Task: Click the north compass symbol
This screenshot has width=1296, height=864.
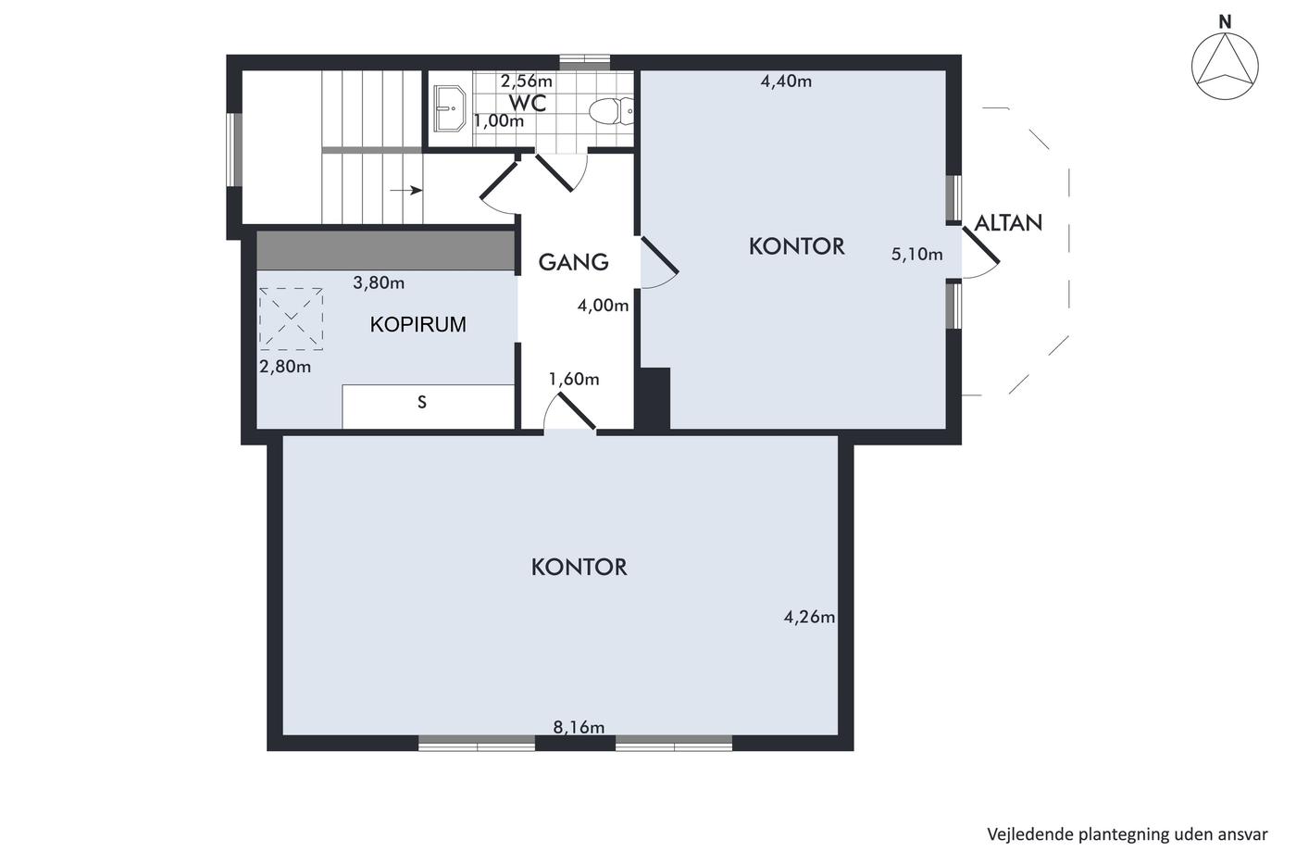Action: (x=1224, y=66)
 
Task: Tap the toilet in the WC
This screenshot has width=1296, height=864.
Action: (x=611, y=110)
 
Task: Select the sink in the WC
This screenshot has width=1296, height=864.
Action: (x=450, y=108)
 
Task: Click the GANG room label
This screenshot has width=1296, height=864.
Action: (x=573, y=262)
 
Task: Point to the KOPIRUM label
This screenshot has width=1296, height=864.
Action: (x=417, y=325)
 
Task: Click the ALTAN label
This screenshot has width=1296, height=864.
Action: (x=1008, y=223)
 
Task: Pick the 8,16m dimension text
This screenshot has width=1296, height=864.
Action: (x=579, y=727)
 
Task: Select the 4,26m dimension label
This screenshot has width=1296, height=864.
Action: (x=809, y=617)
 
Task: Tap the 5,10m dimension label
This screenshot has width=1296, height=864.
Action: (x=916, y=254)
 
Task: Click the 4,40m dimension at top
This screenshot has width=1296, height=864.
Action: (x=786, y=81)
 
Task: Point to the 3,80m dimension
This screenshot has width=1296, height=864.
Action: (x=379, y=282)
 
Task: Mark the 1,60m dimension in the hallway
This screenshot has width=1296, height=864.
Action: (x=573, y=379)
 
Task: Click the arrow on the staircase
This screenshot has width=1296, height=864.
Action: (x=405, y=190)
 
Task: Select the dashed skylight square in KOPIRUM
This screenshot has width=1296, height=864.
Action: (x=291, y=319)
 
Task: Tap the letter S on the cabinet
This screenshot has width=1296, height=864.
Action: (x=422, y=402)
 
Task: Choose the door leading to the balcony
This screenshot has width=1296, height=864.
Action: (x=980, y=254)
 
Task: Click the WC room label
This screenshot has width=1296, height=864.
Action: (x=527, y=103)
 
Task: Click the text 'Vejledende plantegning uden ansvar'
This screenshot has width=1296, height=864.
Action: (x=1128, y=834)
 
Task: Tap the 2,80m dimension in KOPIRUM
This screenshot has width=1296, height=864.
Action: (x=285, y=367)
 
